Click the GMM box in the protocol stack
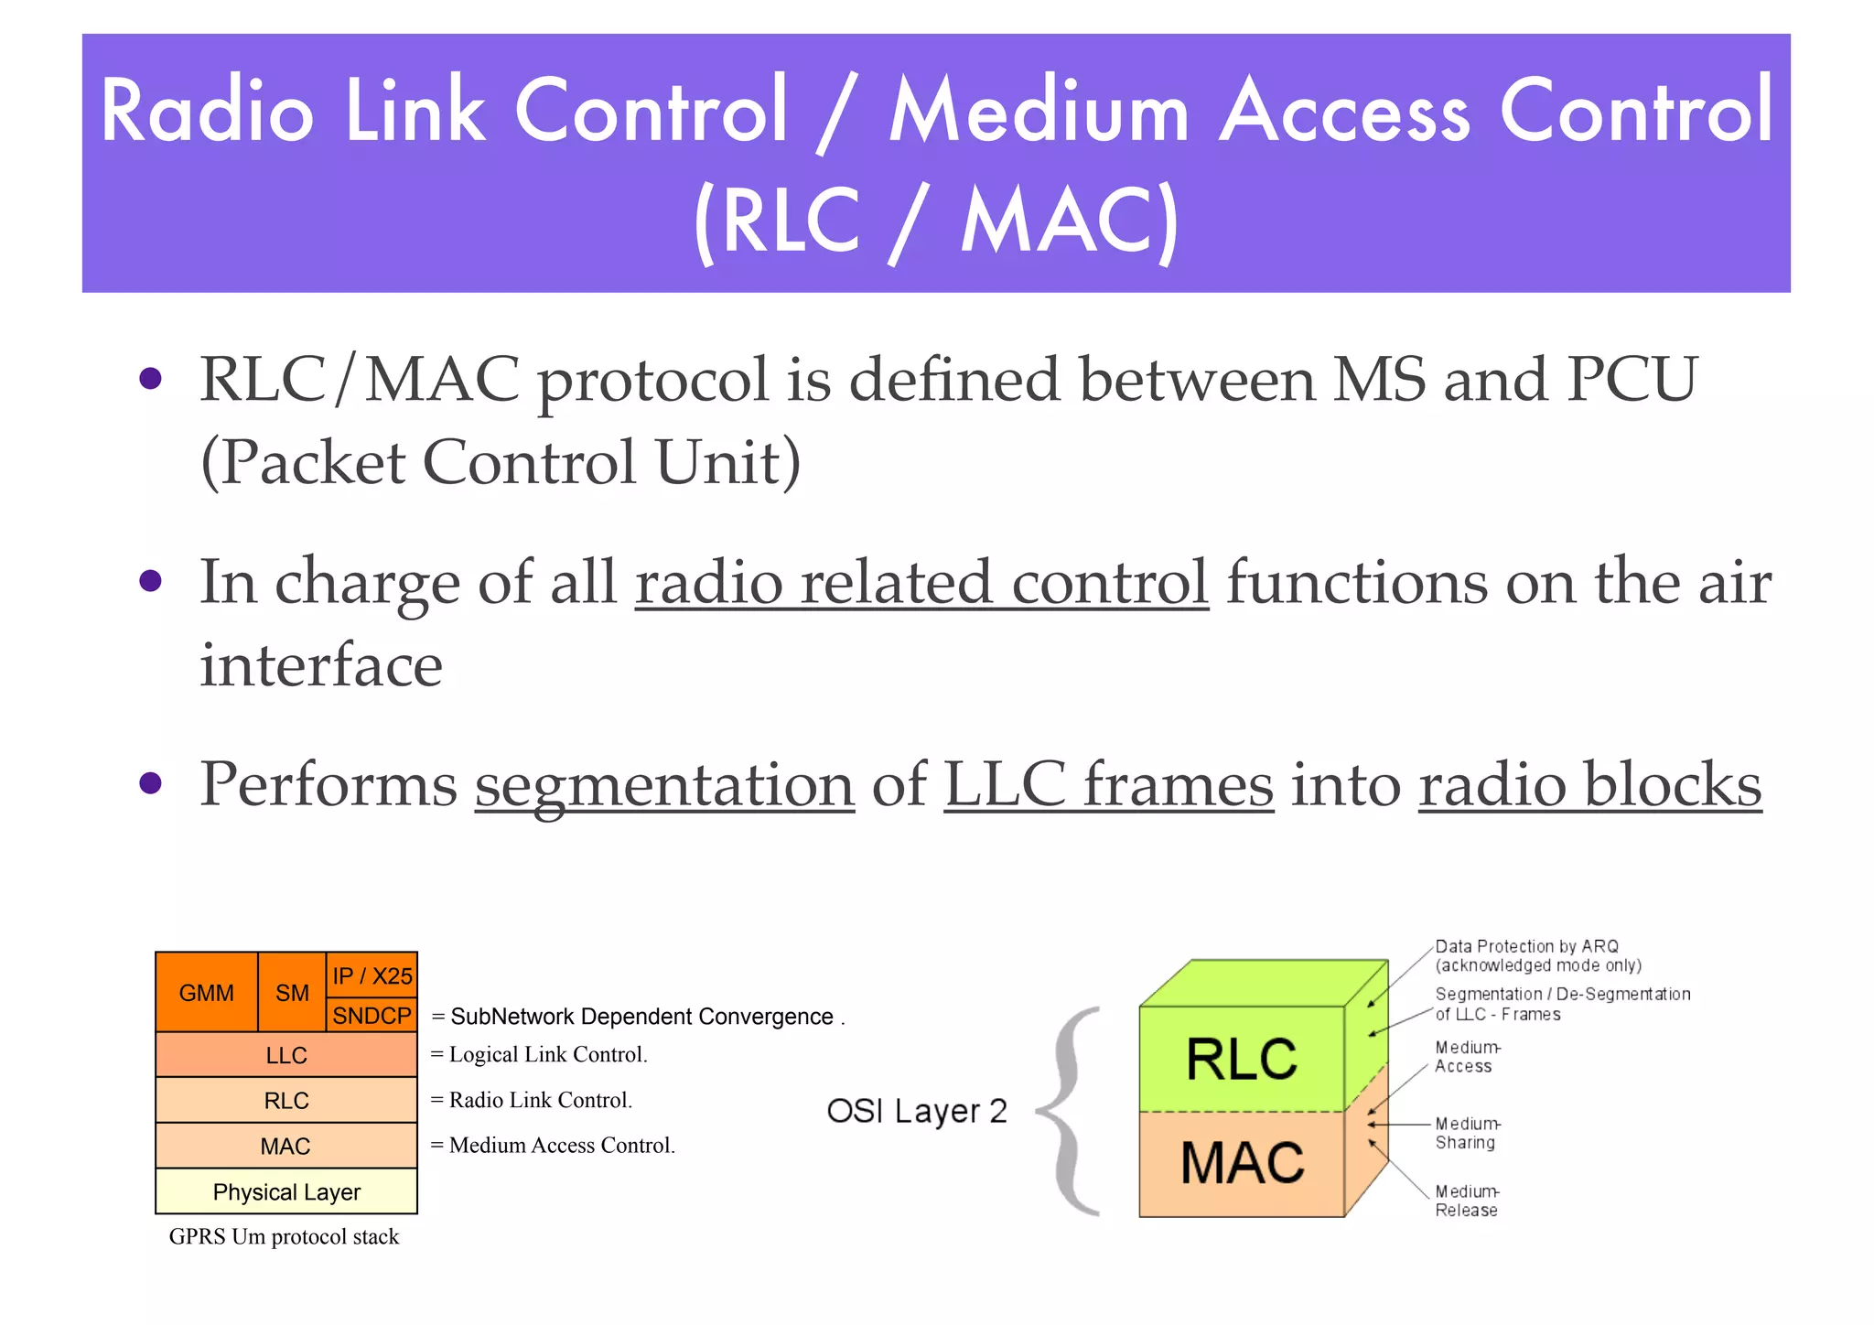(x=207, y=993)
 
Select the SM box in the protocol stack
(x=292, y=993)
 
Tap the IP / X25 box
(x=372, y=975)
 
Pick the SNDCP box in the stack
(x=372, y=1016)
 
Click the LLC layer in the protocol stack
(x=286, y=1055)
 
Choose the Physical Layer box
(x=286, y=1191)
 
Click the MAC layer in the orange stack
(x=286, y=1146)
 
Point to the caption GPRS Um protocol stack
(x=285, y=1237)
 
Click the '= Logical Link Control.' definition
(x=540, y=1055)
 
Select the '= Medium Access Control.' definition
(x=554, y=1146)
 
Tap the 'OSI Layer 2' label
(x=917, y=1111)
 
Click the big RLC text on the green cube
(x=1242, y=1060)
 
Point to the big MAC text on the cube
(x=1242, y=1162)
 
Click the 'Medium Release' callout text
(x=1467, y=1201)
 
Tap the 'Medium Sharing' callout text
(x=1467, y=1133)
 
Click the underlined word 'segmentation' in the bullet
(x=664, y=785)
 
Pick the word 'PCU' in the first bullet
(x=1632, y=379)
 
